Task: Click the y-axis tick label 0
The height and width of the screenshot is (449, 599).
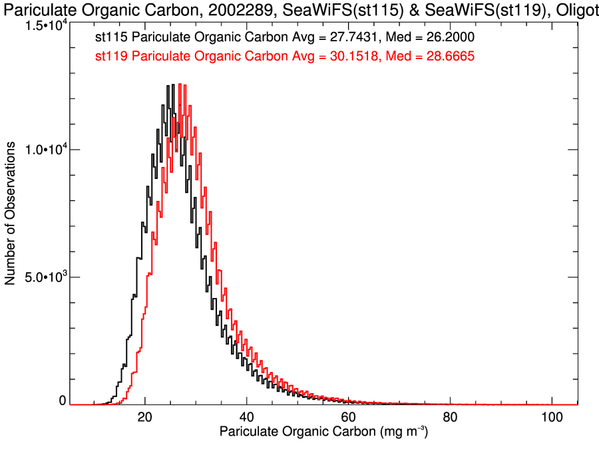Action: coord(63,400)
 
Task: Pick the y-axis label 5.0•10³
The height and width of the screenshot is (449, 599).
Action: coord(45,277)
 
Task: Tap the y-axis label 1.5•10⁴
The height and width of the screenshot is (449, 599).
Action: coord(45,25)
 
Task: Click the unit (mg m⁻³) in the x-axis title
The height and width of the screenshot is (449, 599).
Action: coord(399,432)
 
